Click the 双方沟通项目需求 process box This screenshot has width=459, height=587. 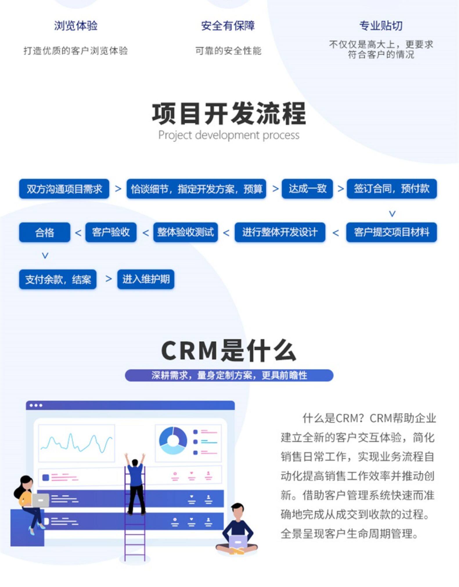tap(64, 189)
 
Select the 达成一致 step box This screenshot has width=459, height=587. tap(307, 189)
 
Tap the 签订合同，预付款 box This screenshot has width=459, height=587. tap(391, 189)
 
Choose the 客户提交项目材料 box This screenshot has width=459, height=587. tap(391, 232)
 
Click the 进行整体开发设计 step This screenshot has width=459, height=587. tap(280, 232)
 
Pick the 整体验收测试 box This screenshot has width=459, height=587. tap(186, 232)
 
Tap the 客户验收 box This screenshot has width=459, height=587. tap(111, 232)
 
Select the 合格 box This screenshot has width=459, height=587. tap(44, 232)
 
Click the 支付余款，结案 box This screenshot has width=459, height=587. tap(58, 279)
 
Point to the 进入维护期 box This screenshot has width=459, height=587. tap(146, 279)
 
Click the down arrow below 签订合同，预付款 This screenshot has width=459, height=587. tap(392, 214)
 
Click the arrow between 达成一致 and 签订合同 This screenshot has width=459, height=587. tap(340, 189)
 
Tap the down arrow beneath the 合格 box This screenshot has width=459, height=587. tap(45, 256)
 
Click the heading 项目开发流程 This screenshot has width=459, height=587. tap(229, 113)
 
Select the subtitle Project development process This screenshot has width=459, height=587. tap(229, 135)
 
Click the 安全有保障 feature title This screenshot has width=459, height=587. tap(228, 26)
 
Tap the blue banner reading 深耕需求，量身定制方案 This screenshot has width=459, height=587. tap(229, 375)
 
